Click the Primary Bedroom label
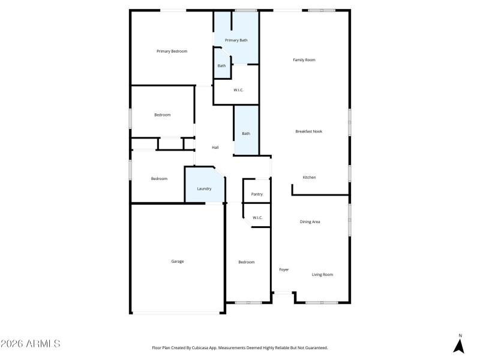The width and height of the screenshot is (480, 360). point(172,52)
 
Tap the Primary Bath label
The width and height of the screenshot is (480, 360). point(236,40)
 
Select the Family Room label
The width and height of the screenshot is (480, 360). point(304,60)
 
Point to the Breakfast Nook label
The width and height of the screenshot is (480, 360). point(308,131)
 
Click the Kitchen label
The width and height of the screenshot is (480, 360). point(309,178)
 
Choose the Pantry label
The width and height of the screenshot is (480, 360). point(257,194)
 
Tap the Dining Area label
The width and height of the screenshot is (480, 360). point(310,222)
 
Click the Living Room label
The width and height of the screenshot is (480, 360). point(322,275)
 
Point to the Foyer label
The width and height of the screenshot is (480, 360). point(284,270)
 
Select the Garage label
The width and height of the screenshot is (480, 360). point(178,262)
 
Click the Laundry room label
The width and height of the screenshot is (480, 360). point(204,189)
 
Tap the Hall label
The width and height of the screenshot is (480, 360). point(215,148)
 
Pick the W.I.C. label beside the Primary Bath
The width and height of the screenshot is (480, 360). point(238,91)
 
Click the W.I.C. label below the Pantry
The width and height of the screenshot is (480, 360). point(257,218)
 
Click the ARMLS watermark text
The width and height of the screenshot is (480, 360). point(31,344)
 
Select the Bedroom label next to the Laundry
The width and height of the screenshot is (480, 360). point(159,179)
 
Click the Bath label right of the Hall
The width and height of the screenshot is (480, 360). point(246,134)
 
